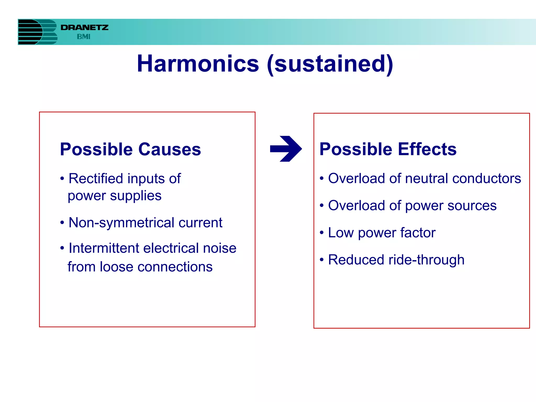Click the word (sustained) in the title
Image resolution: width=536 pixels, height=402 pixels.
(x=330, y=64)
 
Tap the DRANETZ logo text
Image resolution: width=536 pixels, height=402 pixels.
(x=84, y=27)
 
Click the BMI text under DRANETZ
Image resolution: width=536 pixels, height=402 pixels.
(x=83, y=37)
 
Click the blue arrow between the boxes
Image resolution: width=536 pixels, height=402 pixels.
(x=286, y=149)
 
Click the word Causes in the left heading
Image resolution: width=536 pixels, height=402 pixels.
(x=170, y=149)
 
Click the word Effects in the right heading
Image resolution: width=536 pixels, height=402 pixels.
(x=427, y=149)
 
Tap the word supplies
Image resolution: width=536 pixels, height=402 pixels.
(x=136, y=196)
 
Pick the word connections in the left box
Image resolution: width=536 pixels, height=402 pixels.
(x=175, y=267)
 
